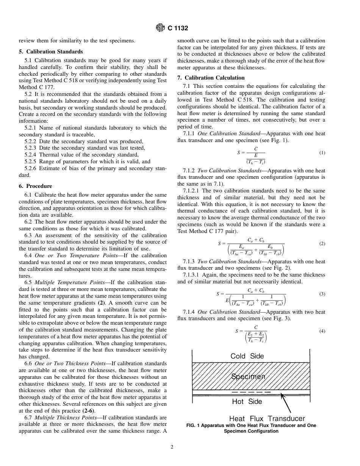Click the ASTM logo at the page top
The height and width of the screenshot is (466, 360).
click(161, 28)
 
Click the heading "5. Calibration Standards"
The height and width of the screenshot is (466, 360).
click(51, 52)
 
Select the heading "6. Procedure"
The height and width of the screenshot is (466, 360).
click(35, 186)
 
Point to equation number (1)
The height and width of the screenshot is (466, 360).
click(322, 153)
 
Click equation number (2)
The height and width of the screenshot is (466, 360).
click(322, 244)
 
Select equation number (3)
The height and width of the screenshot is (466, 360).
click(322, 294)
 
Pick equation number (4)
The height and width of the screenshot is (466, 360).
click(322, 331)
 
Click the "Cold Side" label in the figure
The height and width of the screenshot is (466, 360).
click(247, 356)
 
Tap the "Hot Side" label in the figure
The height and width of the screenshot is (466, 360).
click(247, 401)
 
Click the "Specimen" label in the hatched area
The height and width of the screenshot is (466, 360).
click(248, 377)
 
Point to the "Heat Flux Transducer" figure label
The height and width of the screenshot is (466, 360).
click(267, 418)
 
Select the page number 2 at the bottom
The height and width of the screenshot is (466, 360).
click(172, 447)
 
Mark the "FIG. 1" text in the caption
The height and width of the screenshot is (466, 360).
click(193, 425)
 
